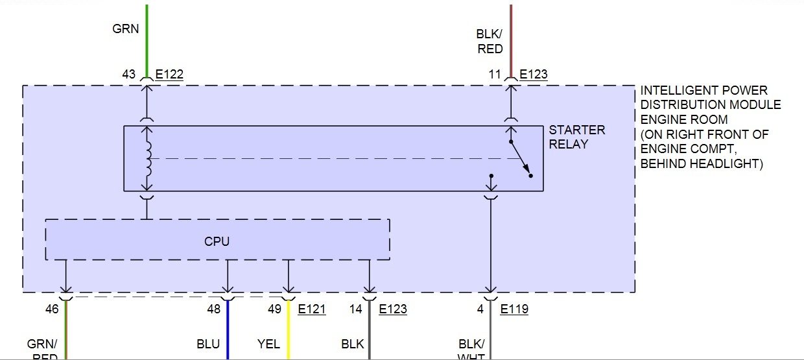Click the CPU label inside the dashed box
click(217, 241)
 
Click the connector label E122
click(169, 75)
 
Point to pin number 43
click(128, 75)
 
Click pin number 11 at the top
click(495, 75)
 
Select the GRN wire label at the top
click(126, 29)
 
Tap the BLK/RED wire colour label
click(490, 42)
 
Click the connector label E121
click(312, 309)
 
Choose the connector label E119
click(514, 309)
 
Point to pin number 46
click(52, 309)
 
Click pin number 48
click(213, 309)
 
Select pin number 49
click(275, 309)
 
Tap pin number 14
click(355, 309)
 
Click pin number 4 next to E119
click(480, 309)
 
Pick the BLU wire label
click(208, 344)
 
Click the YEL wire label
click(269, 344)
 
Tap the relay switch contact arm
click(520, 158)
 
